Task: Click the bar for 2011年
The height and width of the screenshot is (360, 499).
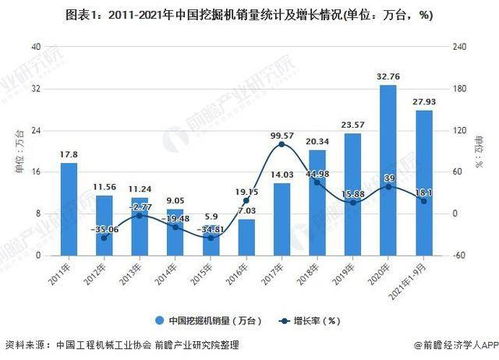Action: pos(68,209)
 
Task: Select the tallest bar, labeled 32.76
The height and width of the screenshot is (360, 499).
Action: pos(387,170)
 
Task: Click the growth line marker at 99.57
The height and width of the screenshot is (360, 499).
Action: pos(281,145)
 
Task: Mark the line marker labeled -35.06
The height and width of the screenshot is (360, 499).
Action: pos(104,238)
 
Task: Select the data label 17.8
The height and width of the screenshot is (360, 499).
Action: pos(68,155)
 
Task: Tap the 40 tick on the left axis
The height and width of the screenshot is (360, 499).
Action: pos(37,48)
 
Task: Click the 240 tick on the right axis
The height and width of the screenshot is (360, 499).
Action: pos(459,48)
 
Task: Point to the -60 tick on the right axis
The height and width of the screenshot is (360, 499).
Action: pos(459,256)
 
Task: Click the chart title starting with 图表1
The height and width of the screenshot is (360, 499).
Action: pos(249,15)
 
